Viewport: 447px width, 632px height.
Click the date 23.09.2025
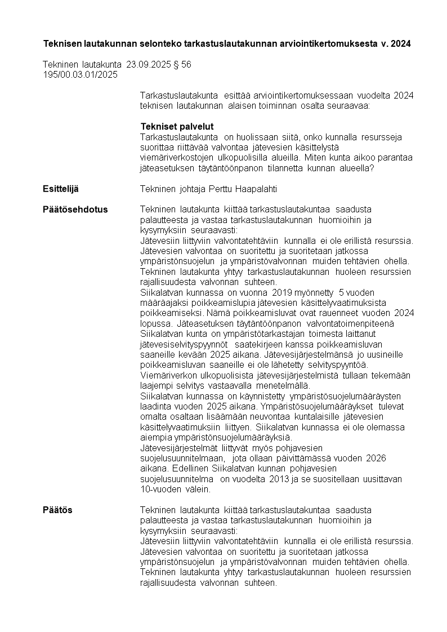(148, 65)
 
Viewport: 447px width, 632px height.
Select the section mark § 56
(181, 65)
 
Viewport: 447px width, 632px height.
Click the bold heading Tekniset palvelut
(177, 127)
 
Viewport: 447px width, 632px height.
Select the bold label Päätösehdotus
(75, 210)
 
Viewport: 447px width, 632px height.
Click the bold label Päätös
(57, 510)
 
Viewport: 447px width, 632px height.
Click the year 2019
(283, 292)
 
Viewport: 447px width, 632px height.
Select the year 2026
(376, 459)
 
